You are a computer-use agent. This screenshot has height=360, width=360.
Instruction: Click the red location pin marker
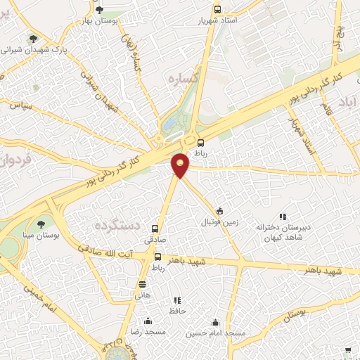181,165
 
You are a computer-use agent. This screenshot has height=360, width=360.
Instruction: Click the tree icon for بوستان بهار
99,9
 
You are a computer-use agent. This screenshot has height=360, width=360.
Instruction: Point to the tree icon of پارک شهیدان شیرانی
32,39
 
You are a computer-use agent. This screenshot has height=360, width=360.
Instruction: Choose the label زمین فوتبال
221,222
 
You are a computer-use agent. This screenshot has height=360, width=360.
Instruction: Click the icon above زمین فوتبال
220,210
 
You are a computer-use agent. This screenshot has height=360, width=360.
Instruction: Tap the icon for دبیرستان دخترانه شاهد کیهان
283,217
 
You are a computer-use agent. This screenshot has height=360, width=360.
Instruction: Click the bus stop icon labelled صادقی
156,228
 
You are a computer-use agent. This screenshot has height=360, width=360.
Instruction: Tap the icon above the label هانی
143,284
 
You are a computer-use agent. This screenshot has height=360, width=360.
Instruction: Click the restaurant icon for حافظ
177,300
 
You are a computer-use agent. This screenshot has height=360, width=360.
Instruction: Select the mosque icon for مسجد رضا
147,320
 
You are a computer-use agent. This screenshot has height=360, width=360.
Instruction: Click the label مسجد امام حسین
215,333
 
